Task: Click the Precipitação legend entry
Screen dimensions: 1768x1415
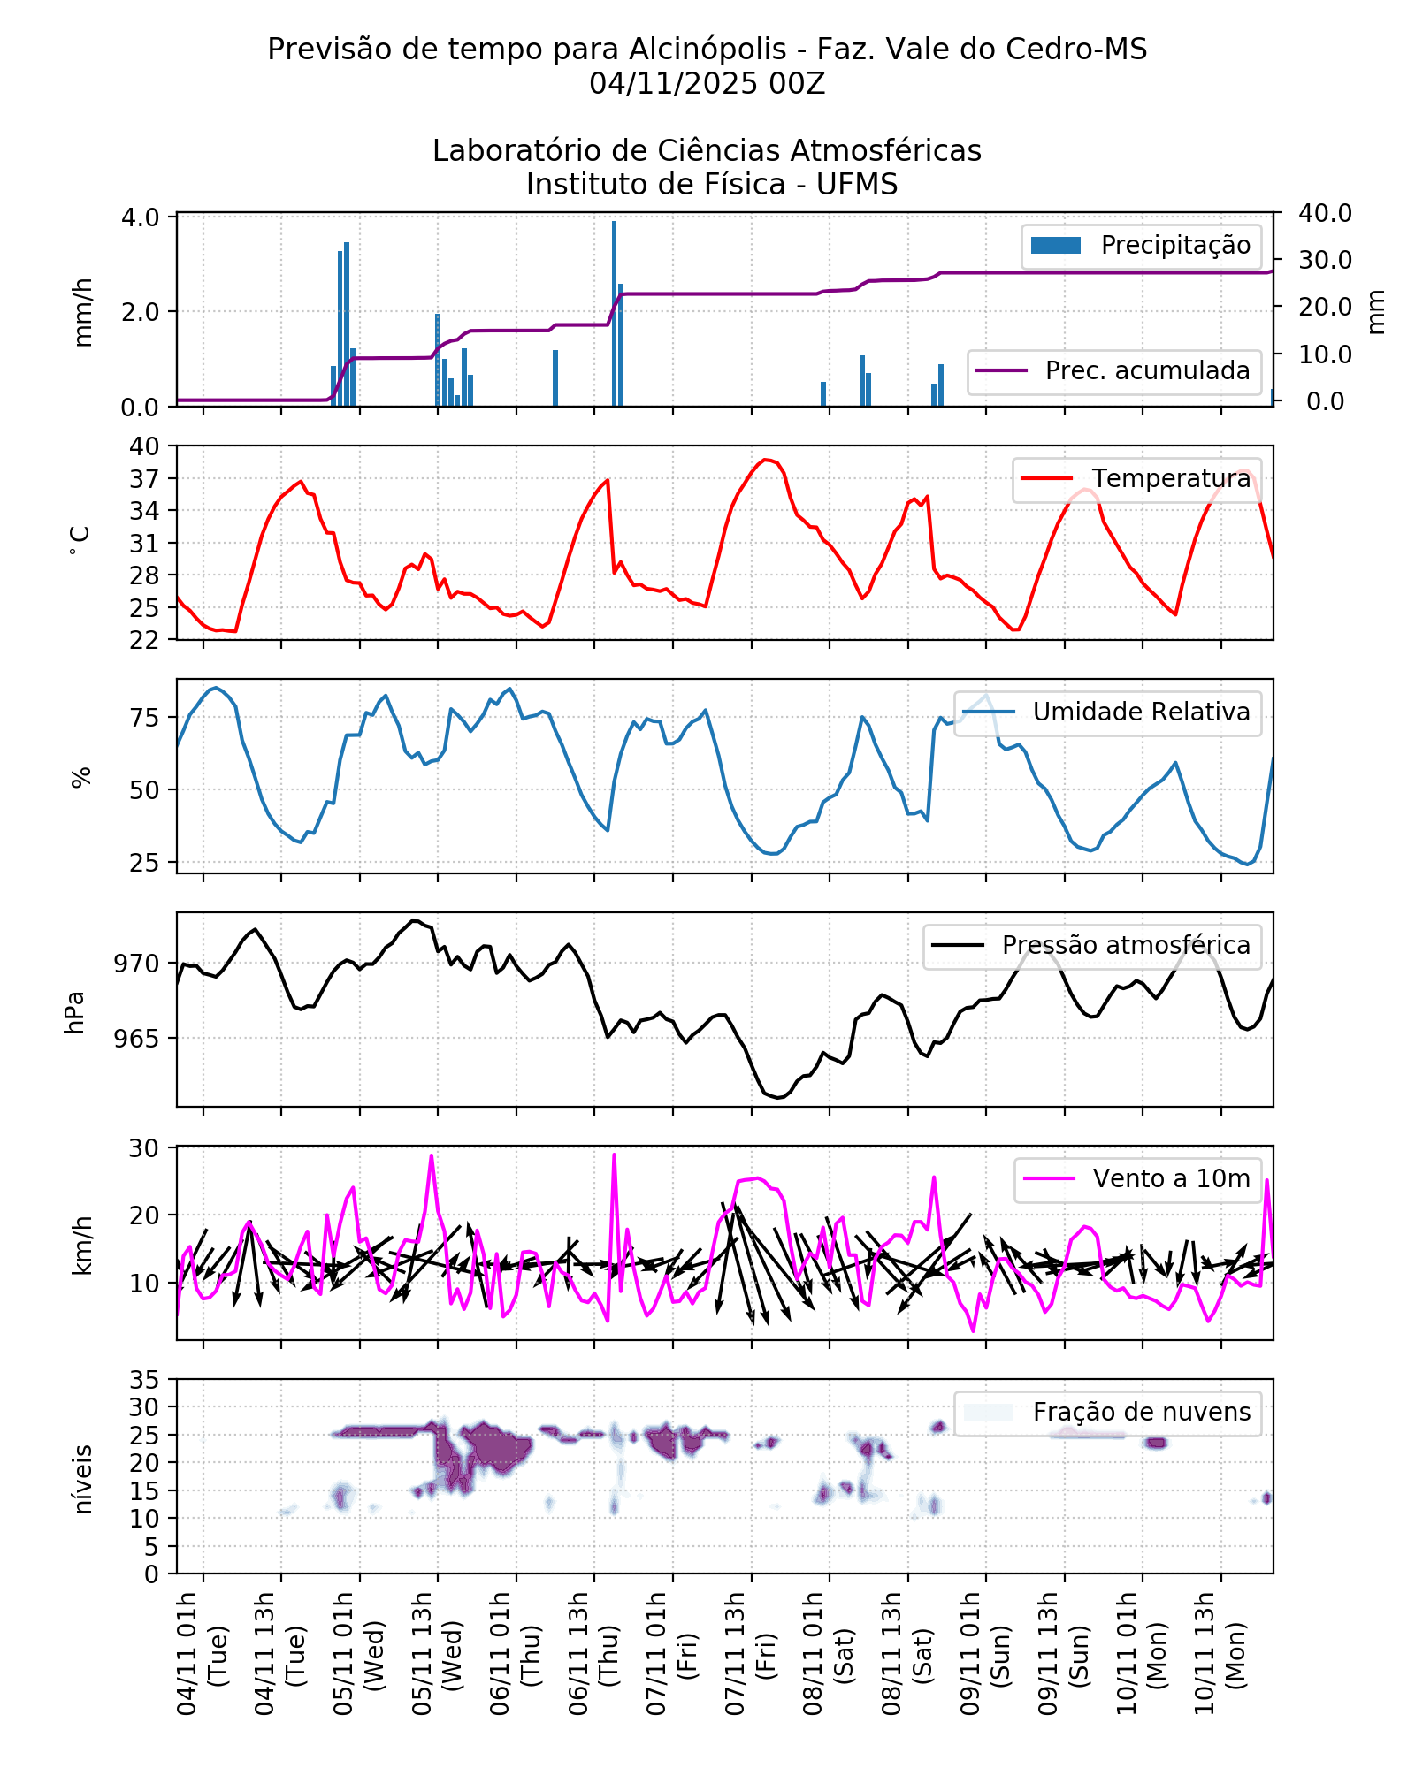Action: tap(1141, 245)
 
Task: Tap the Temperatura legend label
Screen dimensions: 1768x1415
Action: tap(1136, 478)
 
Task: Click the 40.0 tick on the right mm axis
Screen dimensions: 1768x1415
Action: tap(1324, 213)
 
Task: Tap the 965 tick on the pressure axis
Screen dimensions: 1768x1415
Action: tap(137, 1039)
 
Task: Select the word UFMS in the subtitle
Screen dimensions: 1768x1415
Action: tap(856, 185)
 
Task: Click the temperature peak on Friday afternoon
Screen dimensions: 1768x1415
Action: tap(766, 460)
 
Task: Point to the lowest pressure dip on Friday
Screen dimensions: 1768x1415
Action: tap(777, 1097)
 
